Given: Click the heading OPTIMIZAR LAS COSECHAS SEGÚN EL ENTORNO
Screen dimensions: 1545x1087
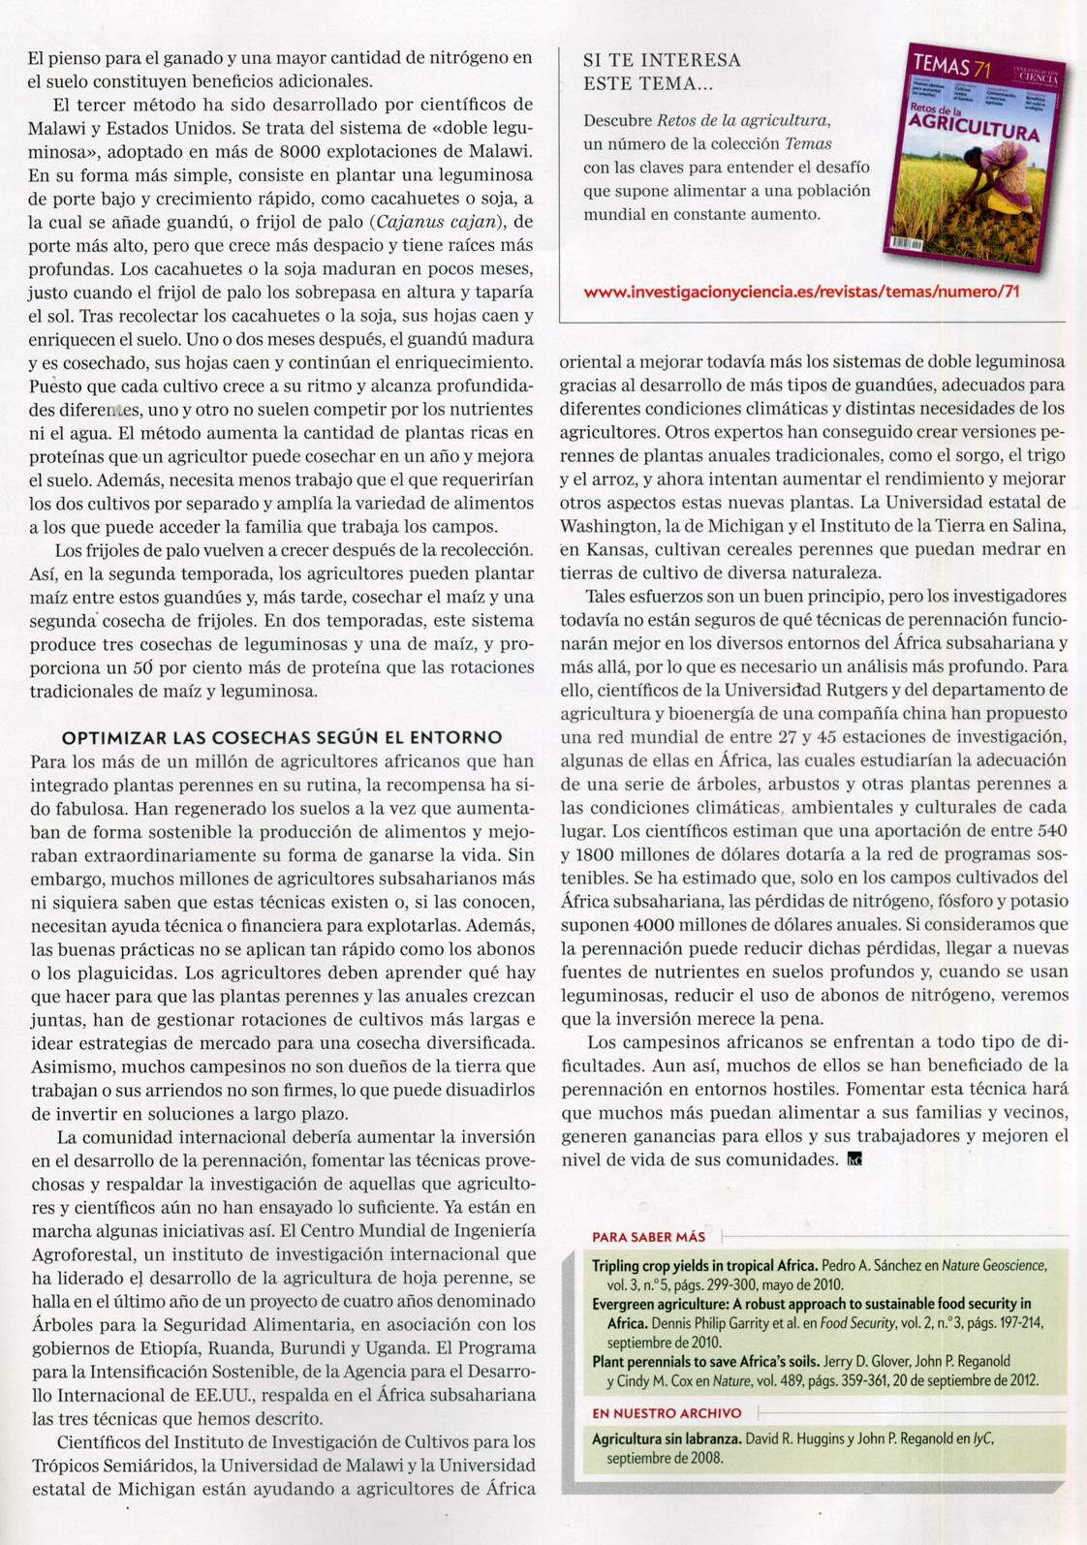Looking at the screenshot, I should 282,738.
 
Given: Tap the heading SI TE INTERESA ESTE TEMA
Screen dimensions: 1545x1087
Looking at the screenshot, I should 662,72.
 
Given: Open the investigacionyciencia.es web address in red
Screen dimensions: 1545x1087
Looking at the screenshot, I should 802,291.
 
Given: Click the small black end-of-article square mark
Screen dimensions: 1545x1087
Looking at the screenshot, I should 854,1159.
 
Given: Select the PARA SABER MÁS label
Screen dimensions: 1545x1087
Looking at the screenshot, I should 648,1237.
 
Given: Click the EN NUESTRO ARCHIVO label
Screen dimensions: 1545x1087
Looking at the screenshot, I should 667,1413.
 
